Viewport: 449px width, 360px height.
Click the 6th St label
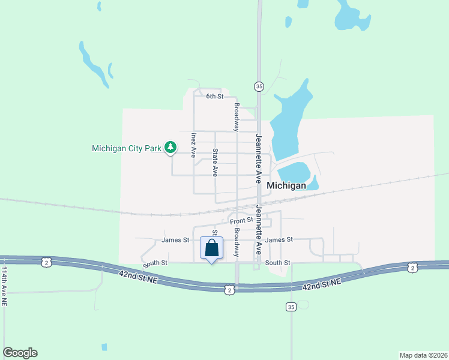(x=214, y=96)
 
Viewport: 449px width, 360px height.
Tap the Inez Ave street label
(x=193, y=145)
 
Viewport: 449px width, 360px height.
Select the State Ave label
(x=215, y=162)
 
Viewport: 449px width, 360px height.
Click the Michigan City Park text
(x=127, y=148)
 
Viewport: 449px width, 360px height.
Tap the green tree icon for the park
(x=171, y=146)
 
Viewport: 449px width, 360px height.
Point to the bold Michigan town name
(x=286, y=185)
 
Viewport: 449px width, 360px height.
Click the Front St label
(x=241, y=221)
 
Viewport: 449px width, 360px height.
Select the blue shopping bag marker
(x=211, y=248)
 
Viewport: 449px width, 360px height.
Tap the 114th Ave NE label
(x=5, y=287)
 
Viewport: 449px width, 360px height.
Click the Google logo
(x=20, y=353)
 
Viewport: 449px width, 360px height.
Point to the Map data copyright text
(x=423, y=355)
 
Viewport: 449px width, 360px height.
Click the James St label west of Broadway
(x=175, y=240)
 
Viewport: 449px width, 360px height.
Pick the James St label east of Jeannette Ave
(x=279, y=239)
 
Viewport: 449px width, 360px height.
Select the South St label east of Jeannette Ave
(x=278, y=263)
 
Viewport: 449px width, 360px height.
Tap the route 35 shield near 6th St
(x=259, y=86)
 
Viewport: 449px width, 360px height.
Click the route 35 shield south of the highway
(x=291, y=307)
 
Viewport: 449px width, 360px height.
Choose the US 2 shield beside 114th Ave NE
(x=46, y=262)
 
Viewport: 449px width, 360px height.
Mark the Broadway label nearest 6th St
(x=237, y=117)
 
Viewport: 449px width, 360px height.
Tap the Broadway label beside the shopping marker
(x=237, y=242)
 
